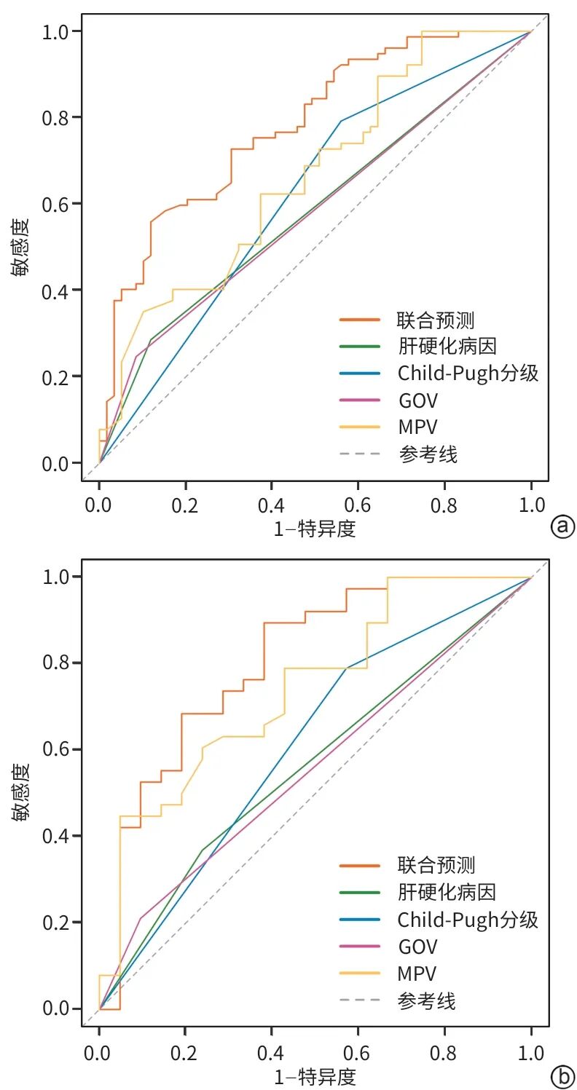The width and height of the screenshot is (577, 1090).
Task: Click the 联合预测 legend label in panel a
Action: (x=436, y=320)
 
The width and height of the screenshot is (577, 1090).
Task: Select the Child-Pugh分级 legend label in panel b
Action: (x=468, y=919)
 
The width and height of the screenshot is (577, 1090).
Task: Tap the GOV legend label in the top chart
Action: (x=417, y=400)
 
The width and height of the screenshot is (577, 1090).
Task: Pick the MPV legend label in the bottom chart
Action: (x=417, y=974)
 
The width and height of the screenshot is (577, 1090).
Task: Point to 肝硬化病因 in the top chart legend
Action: (x=447, y=347)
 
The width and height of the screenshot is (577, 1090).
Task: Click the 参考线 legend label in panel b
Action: (x=426, y=1001)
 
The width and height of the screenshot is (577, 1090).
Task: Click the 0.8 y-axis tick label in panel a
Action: (x=55, y=117)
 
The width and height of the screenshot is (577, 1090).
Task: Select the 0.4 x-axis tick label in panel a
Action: (x=271, y=505)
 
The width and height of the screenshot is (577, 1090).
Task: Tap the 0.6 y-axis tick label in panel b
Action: (x=55, y=749)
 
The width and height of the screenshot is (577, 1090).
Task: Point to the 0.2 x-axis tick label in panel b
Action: (x=184, y=1053)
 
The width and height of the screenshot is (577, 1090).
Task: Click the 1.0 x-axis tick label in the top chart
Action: (x=531, y=505)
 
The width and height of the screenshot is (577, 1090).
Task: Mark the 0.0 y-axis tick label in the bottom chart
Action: (x=55, y=1008)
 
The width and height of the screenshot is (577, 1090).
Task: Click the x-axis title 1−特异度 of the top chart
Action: (x=315, y=529)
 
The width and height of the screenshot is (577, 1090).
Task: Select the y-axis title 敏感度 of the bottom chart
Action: (x=20, y=793)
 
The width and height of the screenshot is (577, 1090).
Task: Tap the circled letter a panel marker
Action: (x=562, y=526)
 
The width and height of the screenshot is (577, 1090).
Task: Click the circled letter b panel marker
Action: (x=562, y=1078)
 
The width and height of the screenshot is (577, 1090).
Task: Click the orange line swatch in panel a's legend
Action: (x=359, y=320)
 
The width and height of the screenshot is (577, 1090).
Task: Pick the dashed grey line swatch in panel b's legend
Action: (x=359, y=1000)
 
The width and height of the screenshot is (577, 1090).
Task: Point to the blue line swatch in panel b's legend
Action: (x=359, y=919)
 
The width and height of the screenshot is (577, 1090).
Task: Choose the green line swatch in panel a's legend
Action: (x=359, y=347)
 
